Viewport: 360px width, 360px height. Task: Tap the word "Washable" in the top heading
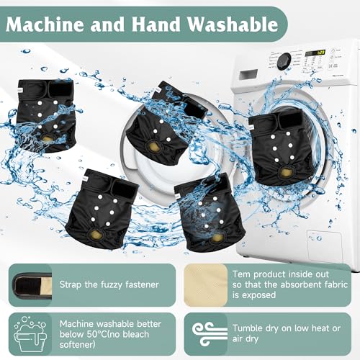(x=233, y=24)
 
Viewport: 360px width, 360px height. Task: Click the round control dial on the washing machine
(x=284, y=61)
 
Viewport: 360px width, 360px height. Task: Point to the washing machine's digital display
(x=315, y=53)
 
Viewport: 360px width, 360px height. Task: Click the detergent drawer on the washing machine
(x=248, y=75)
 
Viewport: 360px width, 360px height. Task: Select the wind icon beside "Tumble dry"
(x=210, y=334)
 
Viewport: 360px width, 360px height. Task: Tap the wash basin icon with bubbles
(x=30, y=334)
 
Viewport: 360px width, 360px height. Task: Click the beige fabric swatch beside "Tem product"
(x=206, y=285)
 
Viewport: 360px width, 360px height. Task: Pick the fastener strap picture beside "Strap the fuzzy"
(x=33, y=285)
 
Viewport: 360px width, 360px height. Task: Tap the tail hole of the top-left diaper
(x=45, y=138)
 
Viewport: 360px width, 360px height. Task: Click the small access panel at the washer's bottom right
(x=324, y=246)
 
